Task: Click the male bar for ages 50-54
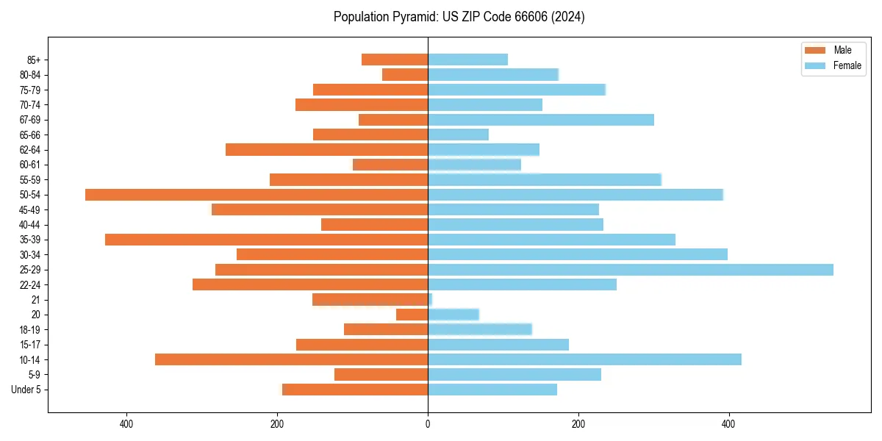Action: coord(257,195)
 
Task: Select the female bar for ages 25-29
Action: coord(631,270)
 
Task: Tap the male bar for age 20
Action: coord(412,315)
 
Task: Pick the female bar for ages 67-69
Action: coord(541,120)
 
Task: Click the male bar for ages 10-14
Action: coord(292,359)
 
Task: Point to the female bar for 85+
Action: coord(468,60)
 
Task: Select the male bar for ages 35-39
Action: coord(267,240)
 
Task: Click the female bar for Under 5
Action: coord(492,390)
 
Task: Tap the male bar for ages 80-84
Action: coord(405,74)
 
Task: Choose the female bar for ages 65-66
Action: coord(458,135)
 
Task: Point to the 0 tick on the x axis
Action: coord(428,424)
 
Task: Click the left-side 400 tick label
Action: coord(126,424)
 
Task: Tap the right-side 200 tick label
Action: coord(578,424)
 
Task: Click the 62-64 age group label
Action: coord(30,150)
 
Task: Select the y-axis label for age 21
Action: coord(36,300)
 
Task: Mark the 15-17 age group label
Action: coord(30,345)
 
